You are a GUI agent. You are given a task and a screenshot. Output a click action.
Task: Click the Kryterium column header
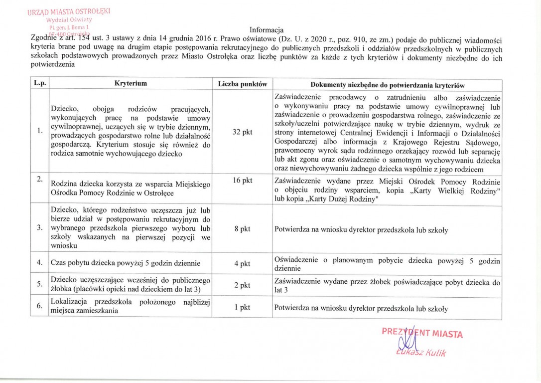(130, 84)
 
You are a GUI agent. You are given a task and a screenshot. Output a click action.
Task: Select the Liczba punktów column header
(243, 84)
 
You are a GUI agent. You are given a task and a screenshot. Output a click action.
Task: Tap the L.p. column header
(40, 84)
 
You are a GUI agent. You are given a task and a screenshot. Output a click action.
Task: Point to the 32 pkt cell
(243, 132)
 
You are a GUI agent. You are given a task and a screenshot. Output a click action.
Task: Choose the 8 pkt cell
(243, 230)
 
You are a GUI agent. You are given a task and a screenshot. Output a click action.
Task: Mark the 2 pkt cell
(243, 285)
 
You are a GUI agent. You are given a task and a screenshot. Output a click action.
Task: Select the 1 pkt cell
(243, 307)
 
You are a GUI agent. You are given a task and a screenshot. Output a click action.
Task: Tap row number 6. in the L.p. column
(39, 306)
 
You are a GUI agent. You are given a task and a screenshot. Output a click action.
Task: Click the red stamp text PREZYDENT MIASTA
(422, 333)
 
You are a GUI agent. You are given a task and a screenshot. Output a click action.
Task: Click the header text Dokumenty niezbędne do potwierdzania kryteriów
(386, 84)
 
